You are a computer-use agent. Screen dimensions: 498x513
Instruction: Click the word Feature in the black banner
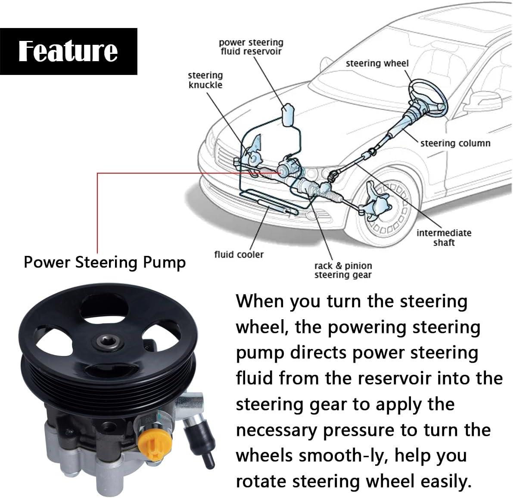point(68,51)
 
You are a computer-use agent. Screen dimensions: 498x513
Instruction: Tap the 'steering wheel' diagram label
point(377,63)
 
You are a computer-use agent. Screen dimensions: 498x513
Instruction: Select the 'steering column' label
point(455,143)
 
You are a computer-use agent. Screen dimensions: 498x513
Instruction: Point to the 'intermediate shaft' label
point(444,237)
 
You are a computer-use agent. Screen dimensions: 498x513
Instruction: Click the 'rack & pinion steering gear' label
point(343,270)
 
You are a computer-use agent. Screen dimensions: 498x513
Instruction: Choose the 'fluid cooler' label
point(239,255)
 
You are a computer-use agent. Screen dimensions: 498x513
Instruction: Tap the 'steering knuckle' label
point(205,80)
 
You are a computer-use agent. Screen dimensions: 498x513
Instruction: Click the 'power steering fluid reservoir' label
point(251,47)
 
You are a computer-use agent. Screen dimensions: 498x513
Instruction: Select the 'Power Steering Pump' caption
point(105,262)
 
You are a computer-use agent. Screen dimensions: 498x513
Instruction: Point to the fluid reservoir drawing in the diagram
point(287,113)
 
